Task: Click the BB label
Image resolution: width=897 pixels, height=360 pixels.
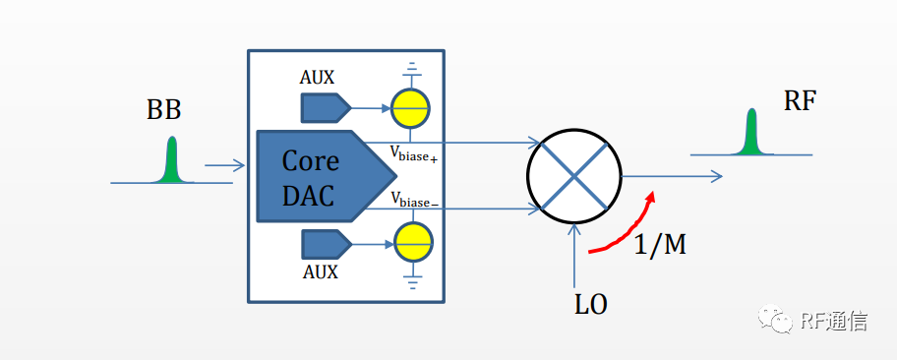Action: point(163,110)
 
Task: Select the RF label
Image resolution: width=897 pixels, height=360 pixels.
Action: point(800,102)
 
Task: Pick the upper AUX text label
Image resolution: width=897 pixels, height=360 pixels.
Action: point(317,78)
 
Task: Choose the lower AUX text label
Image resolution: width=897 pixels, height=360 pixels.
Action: point(321,271)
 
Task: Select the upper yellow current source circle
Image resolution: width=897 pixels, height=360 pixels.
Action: point(410,108)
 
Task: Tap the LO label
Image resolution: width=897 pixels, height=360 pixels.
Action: point(591,306)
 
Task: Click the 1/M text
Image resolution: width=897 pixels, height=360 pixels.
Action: point(660,244)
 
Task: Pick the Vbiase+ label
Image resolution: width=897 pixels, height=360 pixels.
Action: point(414,154)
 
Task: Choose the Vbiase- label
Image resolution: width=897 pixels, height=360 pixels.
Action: point(414,200)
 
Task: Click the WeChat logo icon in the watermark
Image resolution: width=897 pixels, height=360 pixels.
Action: point(775,319)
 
